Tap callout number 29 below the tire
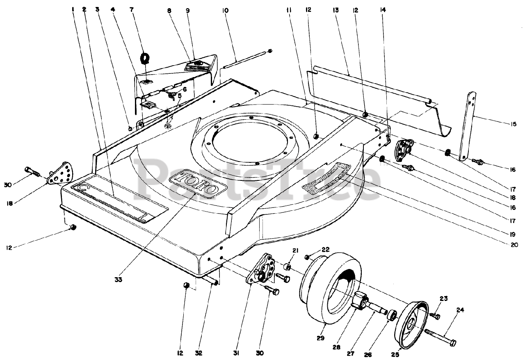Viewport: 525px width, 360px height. point(321,338)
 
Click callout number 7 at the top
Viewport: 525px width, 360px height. point(143,9)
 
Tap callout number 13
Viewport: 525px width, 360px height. point(336,9)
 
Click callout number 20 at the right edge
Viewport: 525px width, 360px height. point(514,246)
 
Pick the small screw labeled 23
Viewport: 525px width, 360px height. point(436,316)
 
